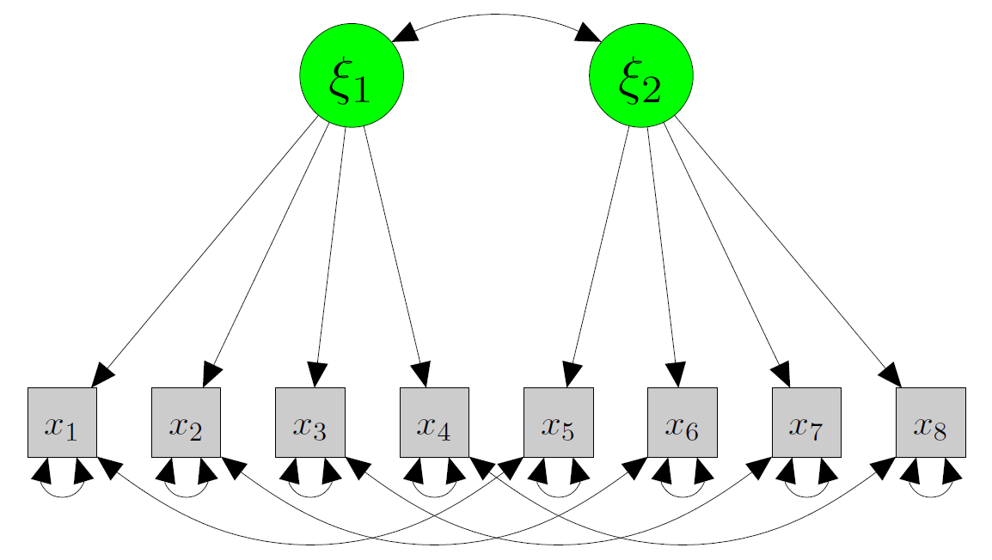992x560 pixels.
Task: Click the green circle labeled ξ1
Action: point(351,76)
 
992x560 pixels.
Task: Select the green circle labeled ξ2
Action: point(640,76)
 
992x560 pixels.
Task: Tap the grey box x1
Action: point(62,422)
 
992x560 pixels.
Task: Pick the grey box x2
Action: point(186,422)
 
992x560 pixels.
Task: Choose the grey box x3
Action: point(309,422)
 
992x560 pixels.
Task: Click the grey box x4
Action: point(434,422)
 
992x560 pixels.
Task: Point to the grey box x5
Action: point(558,422)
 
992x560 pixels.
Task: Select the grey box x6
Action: point(682,422)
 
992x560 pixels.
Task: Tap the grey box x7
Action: point(806,422)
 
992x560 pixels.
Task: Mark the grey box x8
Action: point(930,422)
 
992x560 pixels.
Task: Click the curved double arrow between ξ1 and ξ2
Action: point(496,15)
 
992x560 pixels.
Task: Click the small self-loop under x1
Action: point(62,494)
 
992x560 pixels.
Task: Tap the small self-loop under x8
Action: point(930,494)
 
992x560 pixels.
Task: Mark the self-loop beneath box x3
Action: point(309,494)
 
